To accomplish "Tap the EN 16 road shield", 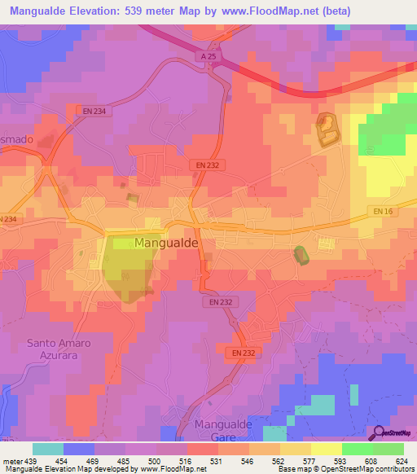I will pyautogui.click(x=384, y=211).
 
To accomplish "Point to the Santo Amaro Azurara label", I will pyautogui.click(x=59, y=349).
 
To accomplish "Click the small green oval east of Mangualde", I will pyautogui.click(x=301, y=255).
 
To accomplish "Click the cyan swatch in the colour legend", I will pyautogui.click(x=48, y=449).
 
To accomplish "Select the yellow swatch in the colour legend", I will pyautogui.click(x=327, y=449).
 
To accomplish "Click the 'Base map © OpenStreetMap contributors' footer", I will pyautogui.click(x=346, y=469).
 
